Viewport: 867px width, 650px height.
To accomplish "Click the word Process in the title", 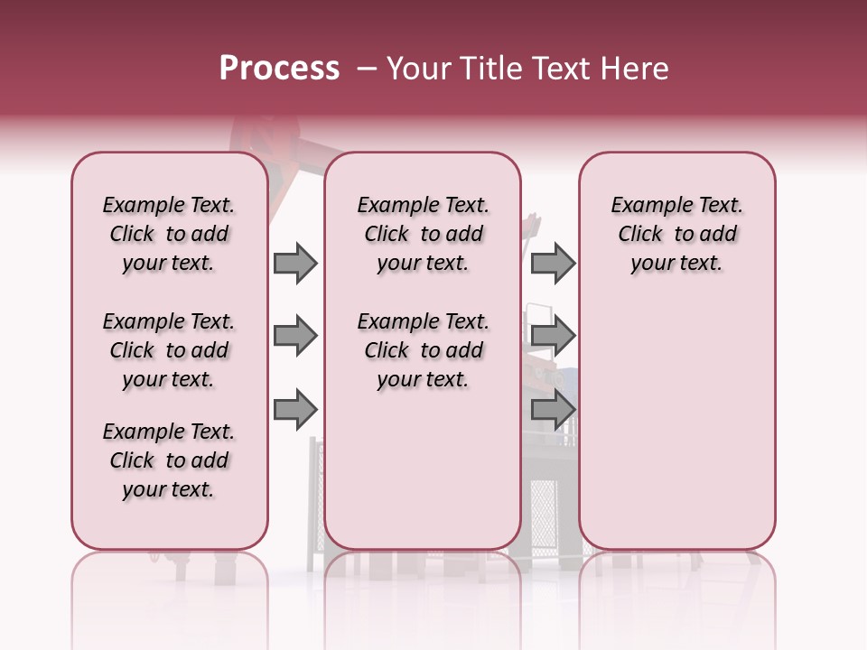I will pos(279,69).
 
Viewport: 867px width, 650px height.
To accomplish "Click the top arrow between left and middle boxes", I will pos(295,264).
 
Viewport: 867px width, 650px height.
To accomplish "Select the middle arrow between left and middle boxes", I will pos(295,337).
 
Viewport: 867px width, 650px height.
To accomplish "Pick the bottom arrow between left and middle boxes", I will pos(295,410).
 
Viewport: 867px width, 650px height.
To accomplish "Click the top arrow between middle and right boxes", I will pos(552,264).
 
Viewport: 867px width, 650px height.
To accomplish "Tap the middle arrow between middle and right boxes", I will pos(552,337).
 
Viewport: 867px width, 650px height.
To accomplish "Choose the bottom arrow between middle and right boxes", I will pos(552,410).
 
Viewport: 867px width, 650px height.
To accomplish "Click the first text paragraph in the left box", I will pos(169,234).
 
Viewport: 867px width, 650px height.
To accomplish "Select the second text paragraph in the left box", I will pos(169,350).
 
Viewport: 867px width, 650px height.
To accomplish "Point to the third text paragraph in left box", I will pos(169,460).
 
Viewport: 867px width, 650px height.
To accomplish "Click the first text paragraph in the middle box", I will pos(423,234).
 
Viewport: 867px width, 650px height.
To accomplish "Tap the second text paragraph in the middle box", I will pos(423,350).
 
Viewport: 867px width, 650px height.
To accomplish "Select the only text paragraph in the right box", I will pos(676,234).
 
